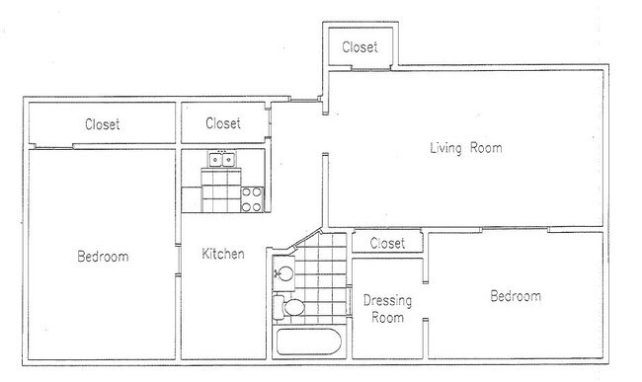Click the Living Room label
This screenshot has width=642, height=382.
click(466, 148)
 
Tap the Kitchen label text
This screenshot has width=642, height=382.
click(223, 254)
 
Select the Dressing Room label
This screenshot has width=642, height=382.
click(387, 309)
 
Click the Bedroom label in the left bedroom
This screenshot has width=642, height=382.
click(103, 257)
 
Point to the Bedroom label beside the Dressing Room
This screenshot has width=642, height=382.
click(516, 296)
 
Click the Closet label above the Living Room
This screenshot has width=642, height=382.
click(360, 47)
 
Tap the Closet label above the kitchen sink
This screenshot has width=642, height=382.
click(223, 123)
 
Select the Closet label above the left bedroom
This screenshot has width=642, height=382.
click(103, 124)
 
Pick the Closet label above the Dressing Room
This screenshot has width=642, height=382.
click(387, 244)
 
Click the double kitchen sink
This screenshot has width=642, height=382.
click(222, 159)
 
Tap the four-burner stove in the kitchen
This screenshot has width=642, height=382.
click(252, 199)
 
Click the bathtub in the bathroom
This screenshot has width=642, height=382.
click(309, 342)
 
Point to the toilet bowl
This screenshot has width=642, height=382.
click(293, 307)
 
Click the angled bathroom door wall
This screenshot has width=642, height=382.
click(306, 238)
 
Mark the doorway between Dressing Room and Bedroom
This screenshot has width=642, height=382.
click(426, 301)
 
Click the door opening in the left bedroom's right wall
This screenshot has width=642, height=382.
click(178, 261)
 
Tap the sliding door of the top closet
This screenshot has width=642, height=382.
click(371, 69)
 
